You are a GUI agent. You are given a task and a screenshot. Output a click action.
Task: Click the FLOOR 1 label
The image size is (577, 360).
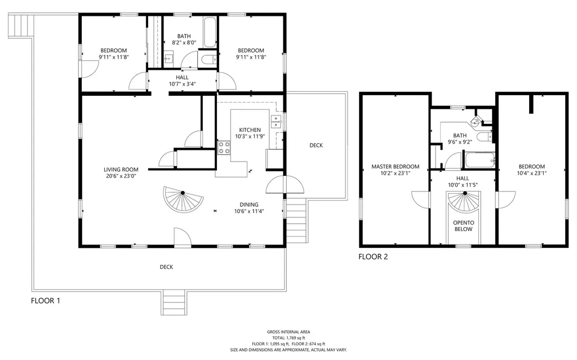tap(45, 301)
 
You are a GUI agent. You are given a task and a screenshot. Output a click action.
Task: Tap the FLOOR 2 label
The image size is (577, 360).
tap(373, 256)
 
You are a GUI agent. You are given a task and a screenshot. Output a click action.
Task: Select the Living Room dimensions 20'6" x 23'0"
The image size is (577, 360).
tap(121, 176)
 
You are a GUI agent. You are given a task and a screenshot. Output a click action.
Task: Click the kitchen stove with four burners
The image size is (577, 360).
tap(224, 147)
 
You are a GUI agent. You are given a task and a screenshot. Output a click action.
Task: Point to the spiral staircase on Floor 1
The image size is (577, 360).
tap(183, 199)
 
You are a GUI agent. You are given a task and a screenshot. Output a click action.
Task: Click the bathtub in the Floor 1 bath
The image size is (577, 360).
tap(210, 32)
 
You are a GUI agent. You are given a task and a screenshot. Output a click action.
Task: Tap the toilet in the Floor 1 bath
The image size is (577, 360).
tap(207, 60)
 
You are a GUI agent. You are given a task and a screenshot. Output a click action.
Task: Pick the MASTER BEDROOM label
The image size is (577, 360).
tap(395, 166)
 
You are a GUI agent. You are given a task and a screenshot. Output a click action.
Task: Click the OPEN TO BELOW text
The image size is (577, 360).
tap(463, 226)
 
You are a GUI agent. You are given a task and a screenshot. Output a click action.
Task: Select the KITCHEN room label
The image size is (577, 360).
tap(250, 130)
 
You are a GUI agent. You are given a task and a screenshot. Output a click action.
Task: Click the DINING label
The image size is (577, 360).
tap(248, 205)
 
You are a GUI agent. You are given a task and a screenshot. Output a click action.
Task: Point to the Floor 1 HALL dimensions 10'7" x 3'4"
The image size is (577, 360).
tap(182, 84)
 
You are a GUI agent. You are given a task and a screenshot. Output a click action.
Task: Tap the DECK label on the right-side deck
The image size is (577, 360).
tap(316, 145)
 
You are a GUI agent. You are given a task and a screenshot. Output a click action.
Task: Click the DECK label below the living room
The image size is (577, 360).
tap(166, 267)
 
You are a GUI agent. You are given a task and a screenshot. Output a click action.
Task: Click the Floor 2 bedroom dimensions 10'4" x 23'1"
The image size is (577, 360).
tap(532, 173)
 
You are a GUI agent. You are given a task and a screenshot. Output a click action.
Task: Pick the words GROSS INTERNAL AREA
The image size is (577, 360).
tap(288, 332)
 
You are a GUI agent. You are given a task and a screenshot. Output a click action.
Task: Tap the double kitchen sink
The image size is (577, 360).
tap(276, 122)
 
